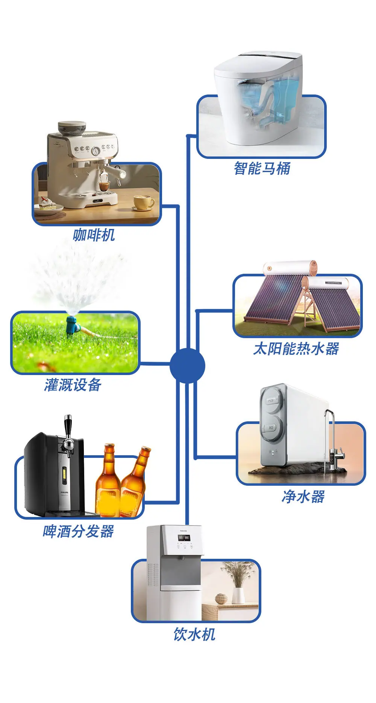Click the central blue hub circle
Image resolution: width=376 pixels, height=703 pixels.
click(x=187, y=366)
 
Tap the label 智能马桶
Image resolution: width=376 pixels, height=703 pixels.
click(x=262, y=168)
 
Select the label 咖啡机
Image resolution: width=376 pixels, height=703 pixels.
click(x=94, y=235)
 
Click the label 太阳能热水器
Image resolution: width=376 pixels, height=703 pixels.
click(x=296, y=349)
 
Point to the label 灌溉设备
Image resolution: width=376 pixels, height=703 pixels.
click(x=73, y=385)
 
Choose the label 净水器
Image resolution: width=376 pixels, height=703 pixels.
click(x=303, y=496)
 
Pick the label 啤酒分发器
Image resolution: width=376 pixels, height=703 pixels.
click(x=78, y=531)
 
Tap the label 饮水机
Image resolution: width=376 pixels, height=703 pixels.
click(x=194, y=634)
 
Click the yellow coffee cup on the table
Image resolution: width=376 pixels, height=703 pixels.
click(x=144, y=202)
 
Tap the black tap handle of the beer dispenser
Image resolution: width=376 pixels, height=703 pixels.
click(x=68, y=425)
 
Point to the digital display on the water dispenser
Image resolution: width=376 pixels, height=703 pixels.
click(x=184, y=538)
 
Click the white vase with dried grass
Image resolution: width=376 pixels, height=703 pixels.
click(x=238, y=595)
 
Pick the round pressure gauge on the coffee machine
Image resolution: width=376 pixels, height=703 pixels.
click(x=96, y=151)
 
